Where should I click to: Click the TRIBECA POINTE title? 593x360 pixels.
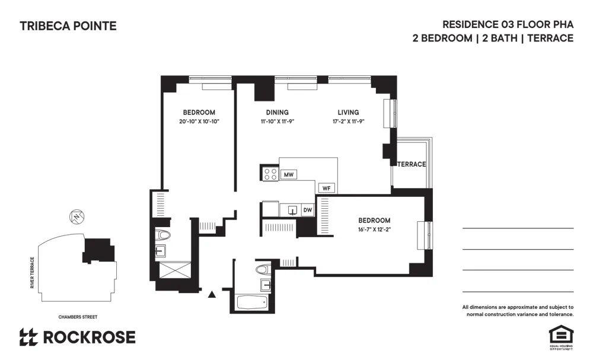click(x=68, y=26)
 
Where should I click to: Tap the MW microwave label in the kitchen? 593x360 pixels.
click(x=289, y=174)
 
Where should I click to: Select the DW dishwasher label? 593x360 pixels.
click(x=307, y=210)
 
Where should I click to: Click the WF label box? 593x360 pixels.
click(x=326, y=188)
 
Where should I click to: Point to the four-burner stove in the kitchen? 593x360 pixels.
click(x=270, y=174)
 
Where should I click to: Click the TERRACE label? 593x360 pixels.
click(x=412, y=164)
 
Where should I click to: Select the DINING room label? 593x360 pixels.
click(x=278, y=113)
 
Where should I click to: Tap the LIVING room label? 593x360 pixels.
click(x=348, y=113)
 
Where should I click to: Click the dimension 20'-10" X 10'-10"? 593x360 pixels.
click(x=199, y=122)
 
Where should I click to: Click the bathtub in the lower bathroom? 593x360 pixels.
click(x=253, y=302)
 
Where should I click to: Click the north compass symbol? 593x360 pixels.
click(x=75, y=217)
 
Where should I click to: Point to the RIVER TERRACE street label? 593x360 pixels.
click(x=33, y=273)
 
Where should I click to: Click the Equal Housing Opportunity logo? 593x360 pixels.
click(x=560, y=336)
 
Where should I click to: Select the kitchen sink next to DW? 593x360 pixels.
click(x=292, y=210)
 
